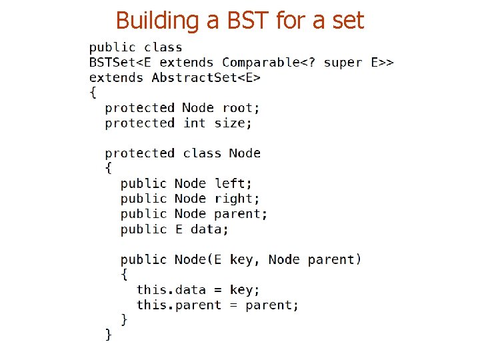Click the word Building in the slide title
coord(158,21)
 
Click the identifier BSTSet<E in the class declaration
coord(120,63)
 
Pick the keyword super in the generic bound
coord(343,63)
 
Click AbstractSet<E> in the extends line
coord(206,78)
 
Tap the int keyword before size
coord(195,123)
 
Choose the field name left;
coord(233,183)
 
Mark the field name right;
coord(237,199)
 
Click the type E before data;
coord(179,229)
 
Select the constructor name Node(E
coord(198,259)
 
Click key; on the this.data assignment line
coord(245,290)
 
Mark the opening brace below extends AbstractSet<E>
coord(93,93)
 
